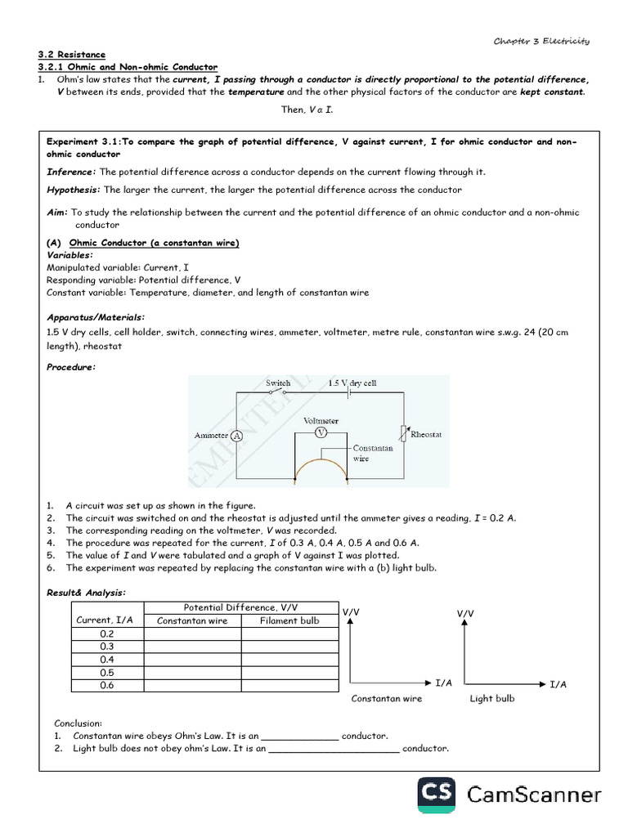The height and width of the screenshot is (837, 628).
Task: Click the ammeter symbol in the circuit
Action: tap(237, 436)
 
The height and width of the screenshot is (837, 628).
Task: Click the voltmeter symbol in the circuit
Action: tap(321, 432)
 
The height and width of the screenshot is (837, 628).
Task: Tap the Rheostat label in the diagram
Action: tap(426, 435)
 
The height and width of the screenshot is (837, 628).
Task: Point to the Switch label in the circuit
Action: tap(278, 383)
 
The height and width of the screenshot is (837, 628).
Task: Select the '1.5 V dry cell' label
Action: tap(352, 383)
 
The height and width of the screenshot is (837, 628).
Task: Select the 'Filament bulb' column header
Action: tap(289, 620)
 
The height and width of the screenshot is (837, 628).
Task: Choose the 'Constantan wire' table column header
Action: tap(192, 620)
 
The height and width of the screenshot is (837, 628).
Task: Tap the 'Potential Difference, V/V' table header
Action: tap(241, 607)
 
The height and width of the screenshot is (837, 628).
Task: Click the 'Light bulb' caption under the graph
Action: tap(492, 699)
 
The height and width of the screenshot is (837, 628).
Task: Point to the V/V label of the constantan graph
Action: tap(351, 611)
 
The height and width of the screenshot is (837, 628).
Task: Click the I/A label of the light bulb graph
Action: tap(558, 683)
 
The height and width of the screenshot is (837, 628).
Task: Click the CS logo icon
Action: tap(437, 795)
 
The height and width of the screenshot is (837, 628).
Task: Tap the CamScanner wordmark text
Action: tap(534, 795)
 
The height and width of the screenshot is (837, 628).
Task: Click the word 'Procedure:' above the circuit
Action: tap(70, 367)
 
